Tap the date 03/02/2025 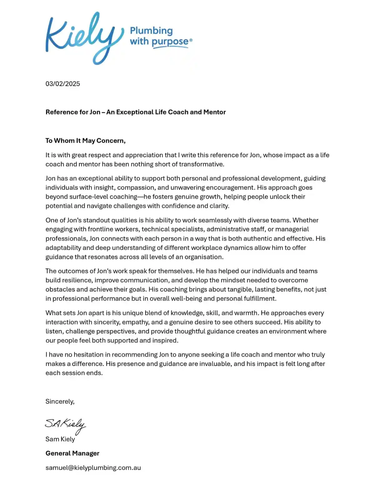63,84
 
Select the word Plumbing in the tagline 151,31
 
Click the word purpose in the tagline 170,42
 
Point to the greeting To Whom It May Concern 86,141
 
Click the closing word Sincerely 60,402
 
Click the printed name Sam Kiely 60,439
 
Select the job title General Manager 72,453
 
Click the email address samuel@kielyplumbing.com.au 93,468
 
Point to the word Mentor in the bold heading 215,112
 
